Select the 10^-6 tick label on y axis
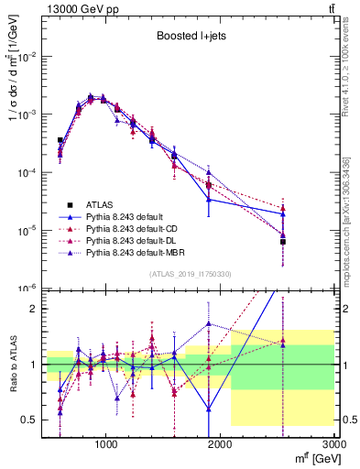tap(27, 289)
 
